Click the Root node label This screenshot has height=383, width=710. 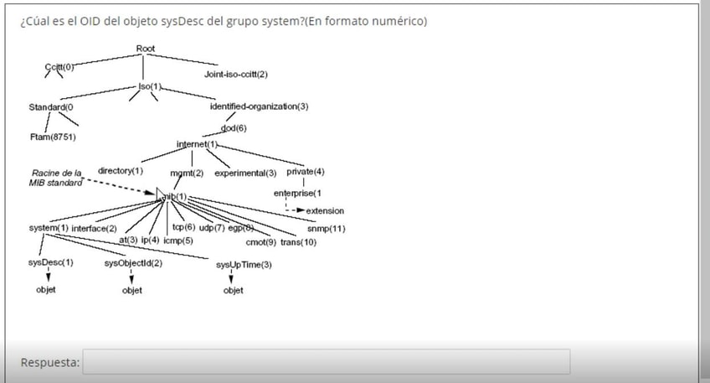point(146,49)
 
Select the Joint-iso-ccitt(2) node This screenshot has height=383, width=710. point(235,75)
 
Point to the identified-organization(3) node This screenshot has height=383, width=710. point(259,106)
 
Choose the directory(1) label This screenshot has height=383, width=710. point(121,171)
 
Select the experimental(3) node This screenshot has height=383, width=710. point(245,173)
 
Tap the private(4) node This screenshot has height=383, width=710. point(306,172)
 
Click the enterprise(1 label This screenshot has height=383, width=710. point(299,194)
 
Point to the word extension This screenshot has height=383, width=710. point(325,210)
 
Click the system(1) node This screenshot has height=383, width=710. point(48,228)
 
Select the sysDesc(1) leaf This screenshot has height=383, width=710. point(50,262)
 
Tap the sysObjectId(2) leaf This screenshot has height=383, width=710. point(133,263)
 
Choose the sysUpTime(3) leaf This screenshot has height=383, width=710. point(244,265)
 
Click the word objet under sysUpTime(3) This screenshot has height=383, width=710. point(234,291)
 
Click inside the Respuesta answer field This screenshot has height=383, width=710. point(327,362)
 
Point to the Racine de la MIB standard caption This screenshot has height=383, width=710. point(57,177)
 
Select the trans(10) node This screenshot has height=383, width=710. point(298,242)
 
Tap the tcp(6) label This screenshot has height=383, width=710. point(183,227)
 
